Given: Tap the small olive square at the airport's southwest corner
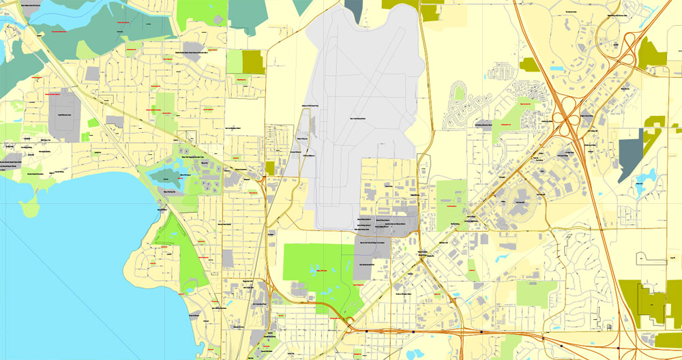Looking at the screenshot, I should click(x=269, y=168).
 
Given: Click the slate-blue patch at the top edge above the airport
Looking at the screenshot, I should click(x=354, y=7).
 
